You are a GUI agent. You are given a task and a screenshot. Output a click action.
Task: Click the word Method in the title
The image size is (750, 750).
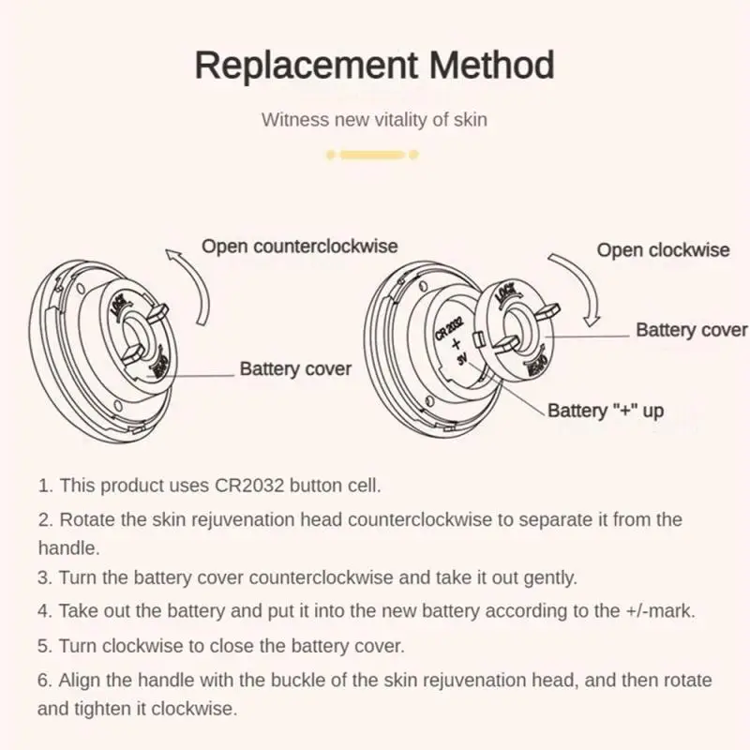pos(493,67)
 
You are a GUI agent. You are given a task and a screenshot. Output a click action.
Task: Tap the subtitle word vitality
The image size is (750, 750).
pos(397,120)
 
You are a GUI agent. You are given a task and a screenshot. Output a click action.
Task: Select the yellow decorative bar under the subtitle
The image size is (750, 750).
pos(372,155)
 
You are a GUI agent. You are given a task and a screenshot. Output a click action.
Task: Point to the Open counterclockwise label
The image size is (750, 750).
pos(300,247)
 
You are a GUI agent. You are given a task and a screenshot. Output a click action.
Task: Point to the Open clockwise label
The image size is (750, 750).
pos(663,250)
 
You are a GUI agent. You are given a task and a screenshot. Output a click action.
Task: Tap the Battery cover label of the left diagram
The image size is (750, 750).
pos(295,368)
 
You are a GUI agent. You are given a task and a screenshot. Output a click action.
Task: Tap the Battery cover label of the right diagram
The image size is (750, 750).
pos(692,330)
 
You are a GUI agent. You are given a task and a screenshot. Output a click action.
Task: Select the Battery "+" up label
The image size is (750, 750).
pos(606,411)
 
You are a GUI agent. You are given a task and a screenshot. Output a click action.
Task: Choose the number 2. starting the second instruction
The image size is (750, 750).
pos(45,519)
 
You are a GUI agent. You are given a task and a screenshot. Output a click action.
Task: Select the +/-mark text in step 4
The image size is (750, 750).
pos(659,611)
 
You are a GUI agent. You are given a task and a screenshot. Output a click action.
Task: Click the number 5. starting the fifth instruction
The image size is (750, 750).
pos(45,646)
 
